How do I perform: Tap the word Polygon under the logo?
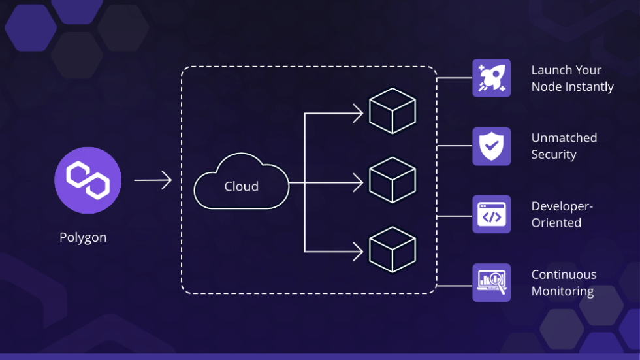click(83, 237)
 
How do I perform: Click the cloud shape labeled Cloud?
click(241, 183)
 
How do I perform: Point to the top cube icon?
click(392, 111)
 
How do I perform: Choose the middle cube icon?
click(392, 179)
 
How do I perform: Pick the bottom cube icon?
click(392, 249)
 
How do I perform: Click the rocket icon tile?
click(491, 78)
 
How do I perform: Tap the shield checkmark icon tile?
click(491, 146)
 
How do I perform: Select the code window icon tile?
click(491, 214)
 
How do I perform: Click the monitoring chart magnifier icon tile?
click(491, 282)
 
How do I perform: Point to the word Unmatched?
click(564, 138)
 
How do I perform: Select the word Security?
click(553, 155)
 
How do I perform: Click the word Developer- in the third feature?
click(562, 206)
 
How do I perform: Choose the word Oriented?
click(556, 223)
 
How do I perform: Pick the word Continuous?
click(564, 274)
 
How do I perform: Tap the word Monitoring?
click(562, 291)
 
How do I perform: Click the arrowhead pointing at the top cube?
click(358, 114)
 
